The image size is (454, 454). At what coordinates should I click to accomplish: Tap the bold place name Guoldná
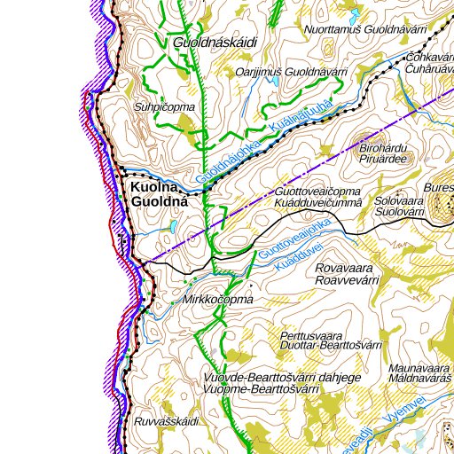[160, 202]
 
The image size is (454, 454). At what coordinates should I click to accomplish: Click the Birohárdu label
[384, 147]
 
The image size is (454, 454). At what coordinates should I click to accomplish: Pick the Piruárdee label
[383, 159]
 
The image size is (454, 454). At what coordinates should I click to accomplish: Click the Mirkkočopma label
[217, 300]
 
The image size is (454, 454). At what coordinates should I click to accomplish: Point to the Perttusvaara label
[310, 336]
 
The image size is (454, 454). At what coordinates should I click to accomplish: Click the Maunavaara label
[420, 366]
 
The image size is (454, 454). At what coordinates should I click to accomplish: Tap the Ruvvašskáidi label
[166, 420]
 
